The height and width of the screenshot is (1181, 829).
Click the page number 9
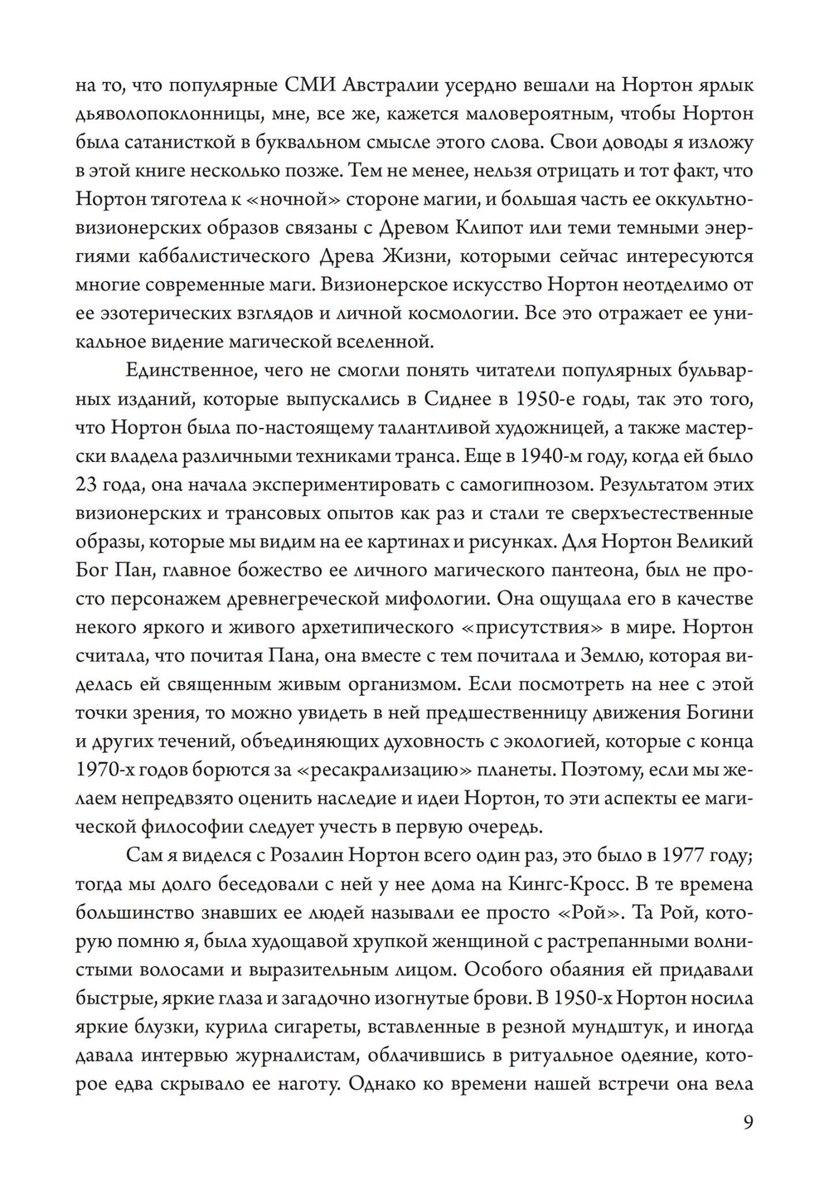pos(748,1123)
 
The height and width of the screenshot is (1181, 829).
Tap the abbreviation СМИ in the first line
pos(303,85)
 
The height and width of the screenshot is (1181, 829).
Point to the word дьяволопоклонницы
pos(162,114)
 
